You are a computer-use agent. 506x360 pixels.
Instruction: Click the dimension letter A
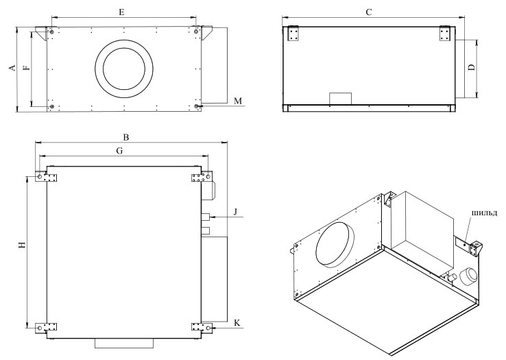[x=12, y=68]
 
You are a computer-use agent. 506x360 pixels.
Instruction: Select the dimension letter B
[x=126, y=137]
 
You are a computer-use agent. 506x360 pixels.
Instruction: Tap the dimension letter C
[x=369, y=12]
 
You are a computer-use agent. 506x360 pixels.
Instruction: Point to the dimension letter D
[x=472, y=67]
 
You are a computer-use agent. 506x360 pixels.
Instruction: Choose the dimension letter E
[x=121, y=12]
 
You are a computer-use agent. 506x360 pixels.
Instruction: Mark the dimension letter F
[x=27, y=67]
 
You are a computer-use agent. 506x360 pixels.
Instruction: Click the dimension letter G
[x=119, y=151]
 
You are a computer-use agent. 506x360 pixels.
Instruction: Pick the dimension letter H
[x=22, y=245]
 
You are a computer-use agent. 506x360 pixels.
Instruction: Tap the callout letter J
[x=236, y=212]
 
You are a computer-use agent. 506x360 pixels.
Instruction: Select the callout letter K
[x=237, y=323]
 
